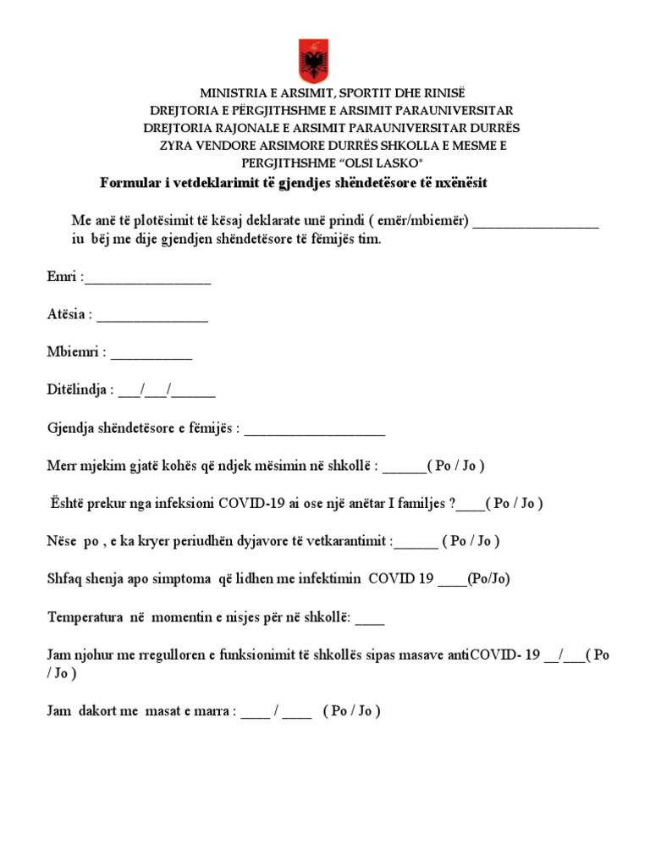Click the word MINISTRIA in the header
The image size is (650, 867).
tap(231, 93)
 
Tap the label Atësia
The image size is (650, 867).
tap(66, 315)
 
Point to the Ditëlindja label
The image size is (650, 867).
tap(77, 390)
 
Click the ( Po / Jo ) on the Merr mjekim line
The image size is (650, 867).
tap(456, 466)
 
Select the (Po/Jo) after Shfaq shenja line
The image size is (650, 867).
tap(488, 578)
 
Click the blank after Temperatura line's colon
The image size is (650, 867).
tap(370, 617)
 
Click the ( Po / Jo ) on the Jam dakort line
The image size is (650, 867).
tap(352, 711)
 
